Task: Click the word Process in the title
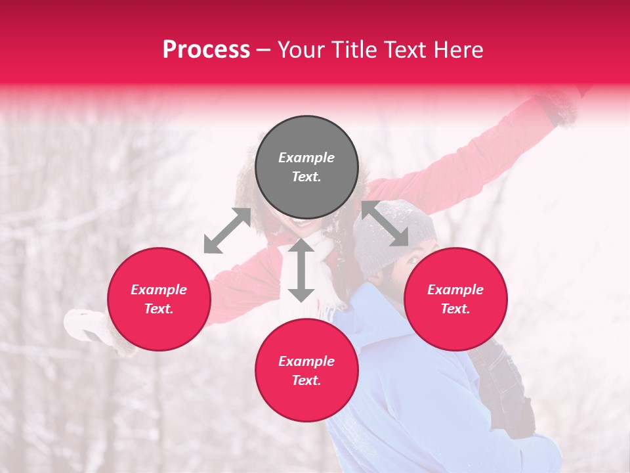tap(206, 50)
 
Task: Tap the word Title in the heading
tap(354, 50)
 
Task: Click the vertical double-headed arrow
tap(301, 270)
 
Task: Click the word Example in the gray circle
tap(306, 158)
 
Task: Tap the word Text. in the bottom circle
tap(306, 380)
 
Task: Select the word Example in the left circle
tap(159, 290)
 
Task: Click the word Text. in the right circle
tap(455, 309)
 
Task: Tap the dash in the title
tap(264, 50)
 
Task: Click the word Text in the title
tap(404, 50)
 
